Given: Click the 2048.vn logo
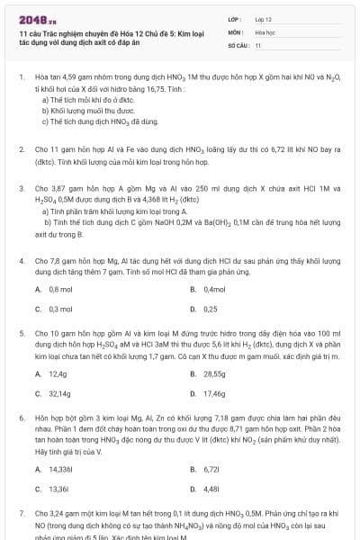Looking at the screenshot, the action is [x=37, y=17].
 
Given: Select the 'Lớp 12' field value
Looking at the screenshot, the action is [x=263, y=18].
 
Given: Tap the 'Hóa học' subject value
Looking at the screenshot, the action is [x=265, y=31].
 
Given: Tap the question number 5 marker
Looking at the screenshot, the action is [x=21, y=333].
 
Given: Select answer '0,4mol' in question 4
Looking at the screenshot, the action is [x=214, y=289].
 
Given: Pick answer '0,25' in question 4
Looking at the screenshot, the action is [x=211, y=309].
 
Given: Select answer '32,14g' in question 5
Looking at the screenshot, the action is [x=60, y=393].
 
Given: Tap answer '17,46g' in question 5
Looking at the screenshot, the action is [x=214, y=393].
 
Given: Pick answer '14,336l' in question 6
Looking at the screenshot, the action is [x=62, y=469].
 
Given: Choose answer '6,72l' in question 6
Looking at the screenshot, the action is [x=212, y=469].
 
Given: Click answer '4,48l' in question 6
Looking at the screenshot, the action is [x=212, y=489].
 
